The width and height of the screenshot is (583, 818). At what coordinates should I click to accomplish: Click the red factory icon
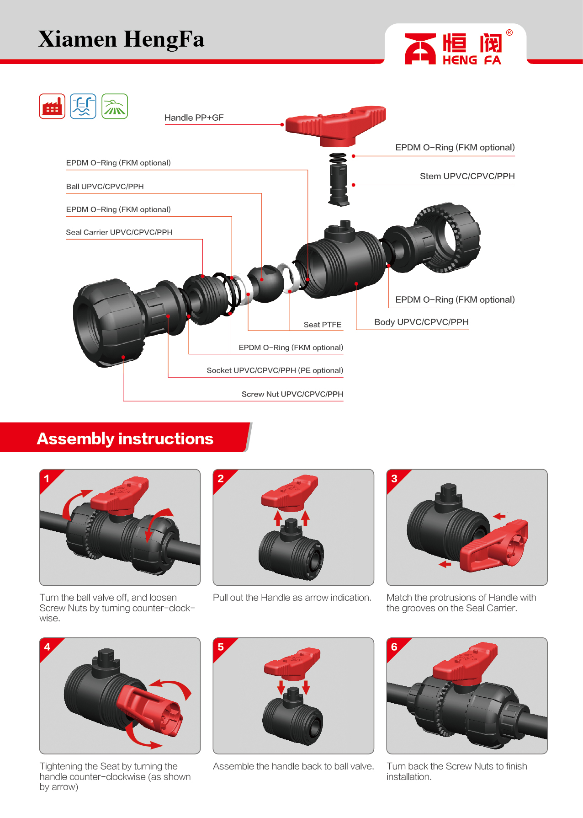point(52,106)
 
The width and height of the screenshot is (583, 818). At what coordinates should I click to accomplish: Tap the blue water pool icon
point(83,106)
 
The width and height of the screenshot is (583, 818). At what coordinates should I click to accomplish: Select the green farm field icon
point(115,106)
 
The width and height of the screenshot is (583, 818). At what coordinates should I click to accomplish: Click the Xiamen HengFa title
point(121,39)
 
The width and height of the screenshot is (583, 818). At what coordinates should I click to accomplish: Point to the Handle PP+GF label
point(194,118)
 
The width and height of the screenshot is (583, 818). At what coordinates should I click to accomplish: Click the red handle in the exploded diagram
point(336,125)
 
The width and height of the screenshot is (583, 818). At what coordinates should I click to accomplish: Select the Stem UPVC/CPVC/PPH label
point(467,176)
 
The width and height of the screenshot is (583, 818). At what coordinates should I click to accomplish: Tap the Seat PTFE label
point(323,325)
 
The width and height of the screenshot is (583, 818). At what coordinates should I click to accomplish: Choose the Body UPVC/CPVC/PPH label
point(421,322)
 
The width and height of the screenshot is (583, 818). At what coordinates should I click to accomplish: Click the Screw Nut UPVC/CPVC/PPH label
point(292,394)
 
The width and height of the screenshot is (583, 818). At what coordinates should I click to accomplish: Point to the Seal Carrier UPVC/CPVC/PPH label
point(119,232)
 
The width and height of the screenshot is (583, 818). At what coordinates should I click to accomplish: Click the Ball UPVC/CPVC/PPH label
point(105,187)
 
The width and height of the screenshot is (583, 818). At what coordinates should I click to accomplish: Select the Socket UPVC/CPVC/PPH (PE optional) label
point(275,370)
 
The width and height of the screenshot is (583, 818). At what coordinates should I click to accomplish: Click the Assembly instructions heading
point(125,438)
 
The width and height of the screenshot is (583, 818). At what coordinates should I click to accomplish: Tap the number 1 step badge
point(47,479)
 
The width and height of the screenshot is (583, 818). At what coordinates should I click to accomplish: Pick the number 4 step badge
point(47,647)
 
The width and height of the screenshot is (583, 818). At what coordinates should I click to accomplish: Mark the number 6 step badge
point(394,647)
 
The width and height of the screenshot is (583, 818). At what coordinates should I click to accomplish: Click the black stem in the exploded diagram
point(339,184)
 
